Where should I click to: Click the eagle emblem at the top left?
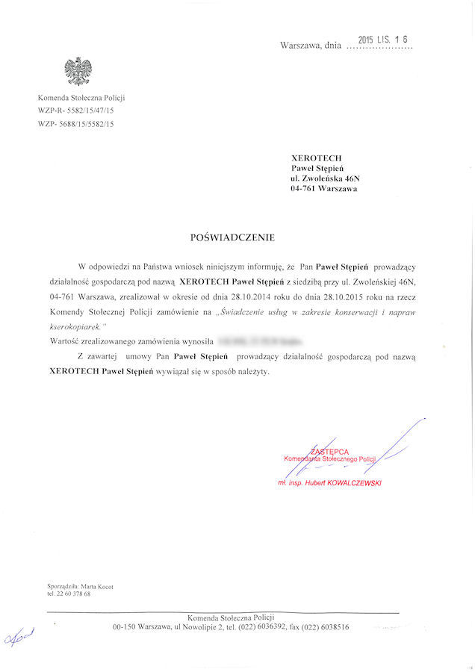pyautogui.click(x=78, y=72)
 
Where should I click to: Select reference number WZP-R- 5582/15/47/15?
pyautogui.click(x=75, y=111)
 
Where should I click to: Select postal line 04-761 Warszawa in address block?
pyautogui.click(x=323, y=190)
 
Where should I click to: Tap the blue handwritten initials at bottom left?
pyautogui.click(x=19, y=636)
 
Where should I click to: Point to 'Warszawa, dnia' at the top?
pyautogui.click(x=310, y=46)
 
